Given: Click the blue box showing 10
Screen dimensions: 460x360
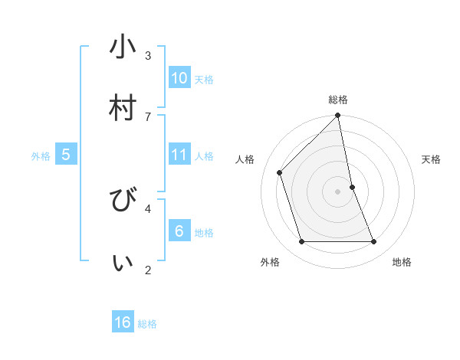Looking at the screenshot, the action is [179, 78].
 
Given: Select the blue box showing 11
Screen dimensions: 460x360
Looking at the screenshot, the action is [179, 155].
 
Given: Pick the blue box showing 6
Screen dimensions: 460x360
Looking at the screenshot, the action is [179, 231].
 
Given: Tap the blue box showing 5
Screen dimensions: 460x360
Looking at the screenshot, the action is [66, 155].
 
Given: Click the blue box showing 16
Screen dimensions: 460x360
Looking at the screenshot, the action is [123, 322].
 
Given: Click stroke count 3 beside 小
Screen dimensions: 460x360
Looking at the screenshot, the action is [148, 55].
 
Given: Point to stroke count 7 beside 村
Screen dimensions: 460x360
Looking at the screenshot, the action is [148, 116].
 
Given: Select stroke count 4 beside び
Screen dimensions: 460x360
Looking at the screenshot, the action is [148, 208].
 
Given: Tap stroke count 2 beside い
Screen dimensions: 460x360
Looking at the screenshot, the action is [148, 269].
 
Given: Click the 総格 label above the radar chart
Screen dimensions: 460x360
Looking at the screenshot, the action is [338, 100].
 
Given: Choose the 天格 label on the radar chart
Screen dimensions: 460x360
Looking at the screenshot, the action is [432, 159].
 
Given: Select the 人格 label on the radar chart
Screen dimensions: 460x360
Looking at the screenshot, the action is [245, 159].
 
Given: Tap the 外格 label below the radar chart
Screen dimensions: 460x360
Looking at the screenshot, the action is [270, 262].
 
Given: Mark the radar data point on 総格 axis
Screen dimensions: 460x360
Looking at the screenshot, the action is [338, 116].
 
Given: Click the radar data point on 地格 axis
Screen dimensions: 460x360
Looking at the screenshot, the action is [374, 242].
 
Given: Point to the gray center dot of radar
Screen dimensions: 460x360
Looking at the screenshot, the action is [338, 191].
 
